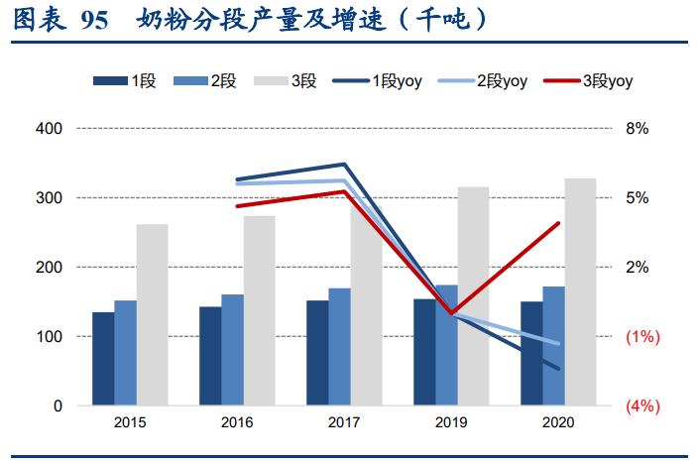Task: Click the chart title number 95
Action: (94, 20)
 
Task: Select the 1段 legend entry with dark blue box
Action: (124, 81)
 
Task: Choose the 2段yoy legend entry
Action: (482, 81)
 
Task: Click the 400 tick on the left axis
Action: (49, 129)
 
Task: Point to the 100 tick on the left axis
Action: (49, 337)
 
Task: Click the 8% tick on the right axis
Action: (636, 129)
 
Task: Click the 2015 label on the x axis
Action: (130, 422)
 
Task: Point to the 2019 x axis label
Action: (451, 422)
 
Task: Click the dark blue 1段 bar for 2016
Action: (210, 356)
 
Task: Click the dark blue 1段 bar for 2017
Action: (317, 353)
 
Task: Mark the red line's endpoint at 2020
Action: (559, 223)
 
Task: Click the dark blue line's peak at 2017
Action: (344, 165)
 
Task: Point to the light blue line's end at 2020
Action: (559, 344)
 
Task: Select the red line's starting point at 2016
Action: (237, 206)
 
